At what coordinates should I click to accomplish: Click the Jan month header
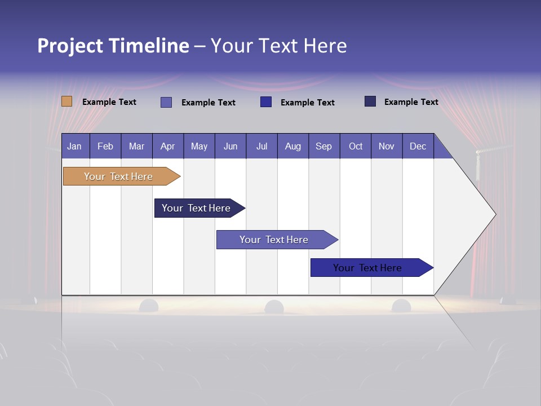click(x=75, y=146)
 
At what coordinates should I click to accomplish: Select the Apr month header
click(x=168, y=146)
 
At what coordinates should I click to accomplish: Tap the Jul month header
click(x=261, y=146)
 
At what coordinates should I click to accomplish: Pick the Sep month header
click(x=324, y=146)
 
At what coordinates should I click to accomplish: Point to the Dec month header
click(x=418, y=146)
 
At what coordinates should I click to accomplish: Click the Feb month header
click(x=105, y=146)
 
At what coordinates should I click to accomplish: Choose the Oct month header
click(x=356, y=146)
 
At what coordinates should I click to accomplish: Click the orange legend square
click(x=66, y=101)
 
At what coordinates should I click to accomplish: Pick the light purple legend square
click(x=166, y=102)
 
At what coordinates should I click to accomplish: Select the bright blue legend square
click(x=266, y=102)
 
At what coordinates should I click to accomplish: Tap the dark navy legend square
click(x=370, y=101)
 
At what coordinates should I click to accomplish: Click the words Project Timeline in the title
click(x=113, y=46)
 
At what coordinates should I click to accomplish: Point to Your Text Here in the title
click(x=279, y=46)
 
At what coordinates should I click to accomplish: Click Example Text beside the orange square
click(x=109, y=102)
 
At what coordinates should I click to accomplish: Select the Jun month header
click(x=230, y=146)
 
